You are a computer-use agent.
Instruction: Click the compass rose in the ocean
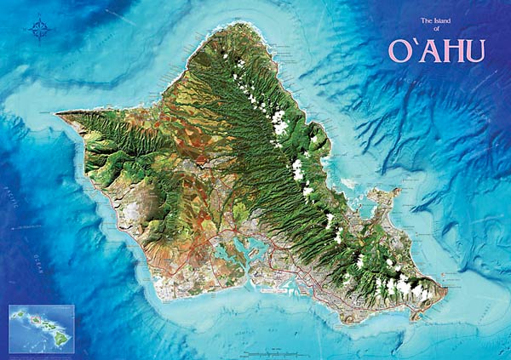click(40, 31)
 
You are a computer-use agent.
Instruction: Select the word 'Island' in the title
click(445, 20)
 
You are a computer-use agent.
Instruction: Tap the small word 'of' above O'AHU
click(436, 29)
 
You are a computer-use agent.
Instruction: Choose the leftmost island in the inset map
click(16, 312)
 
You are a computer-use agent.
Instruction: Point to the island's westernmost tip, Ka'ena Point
click(58, 113)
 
